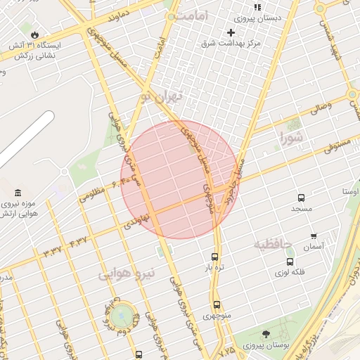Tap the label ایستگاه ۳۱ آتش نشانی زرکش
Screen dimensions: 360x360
[35, 49]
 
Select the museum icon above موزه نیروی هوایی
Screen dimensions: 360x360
[17, 193]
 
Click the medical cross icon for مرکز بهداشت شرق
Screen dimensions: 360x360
[231, 32]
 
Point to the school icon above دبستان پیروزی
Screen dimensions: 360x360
[257, 7]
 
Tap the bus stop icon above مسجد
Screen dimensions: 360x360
[301, 198]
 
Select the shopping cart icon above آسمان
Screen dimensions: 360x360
[313, 236]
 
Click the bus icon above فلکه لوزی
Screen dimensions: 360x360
[290, 262]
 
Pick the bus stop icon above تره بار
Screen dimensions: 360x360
[214, 257]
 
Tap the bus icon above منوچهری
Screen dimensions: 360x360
[217, 304]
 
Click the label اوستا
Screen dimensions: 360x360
[350, 191]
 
